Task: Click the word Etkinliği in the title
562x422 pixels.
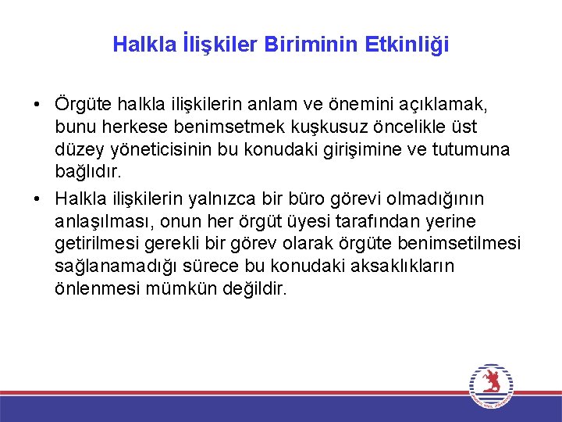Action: (406, 45)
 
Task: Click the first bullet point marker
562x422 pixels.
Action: (37, 105)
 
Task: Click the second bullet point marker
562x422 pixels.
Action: (37, 196)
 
